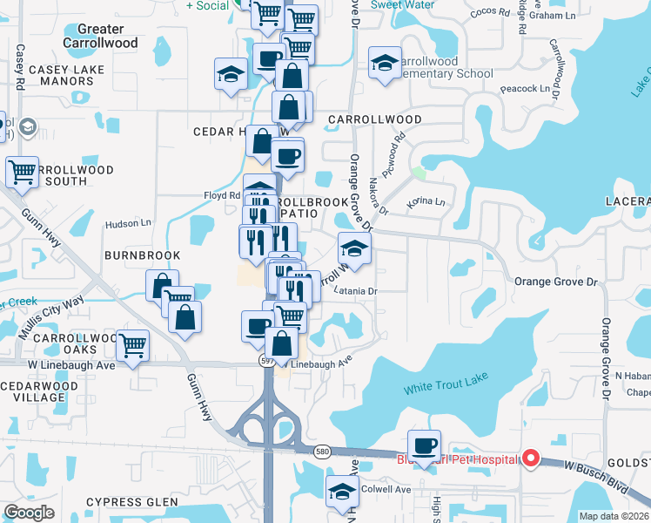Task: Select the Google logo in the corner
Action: pos(29,513)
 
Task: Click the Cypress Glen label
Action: pos(132,503)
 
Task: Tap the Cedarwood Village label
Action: pos(39,391)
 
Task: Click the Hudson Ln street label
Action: pos(128,224)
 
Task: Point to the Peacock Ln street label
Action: pos(525,88)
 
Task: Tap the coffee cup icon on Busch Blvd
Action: pos(424,446)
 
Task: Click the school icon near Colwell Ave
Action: pos(342,492)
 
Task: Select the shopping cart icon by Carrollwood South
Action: pos(22,171)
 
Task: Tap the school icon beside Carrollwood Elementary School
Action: pos(385,64)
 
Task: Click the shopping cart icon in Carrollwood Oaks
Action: pos(132,345)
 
